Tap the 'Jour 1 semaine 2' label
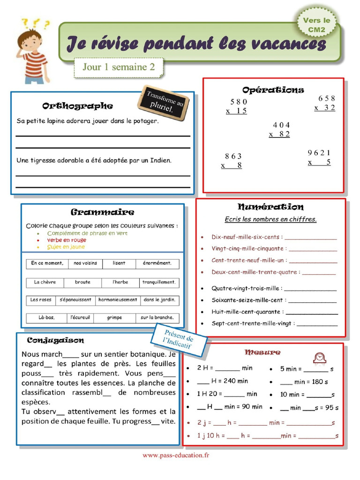point(119,67)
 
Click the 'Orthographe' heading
point(77,106)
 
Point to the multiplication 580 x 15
point(237,106)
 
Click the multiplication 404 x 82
point(280,130)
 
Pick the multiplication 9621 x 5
point(319,157)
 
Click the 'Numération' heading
point(270,207)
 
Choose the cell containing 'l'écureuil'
point(80,318)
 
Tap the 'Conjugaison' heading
point(55,340)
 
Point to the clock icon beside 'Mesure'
point(320,358)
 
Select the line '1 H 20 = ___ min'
point(227,394)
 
